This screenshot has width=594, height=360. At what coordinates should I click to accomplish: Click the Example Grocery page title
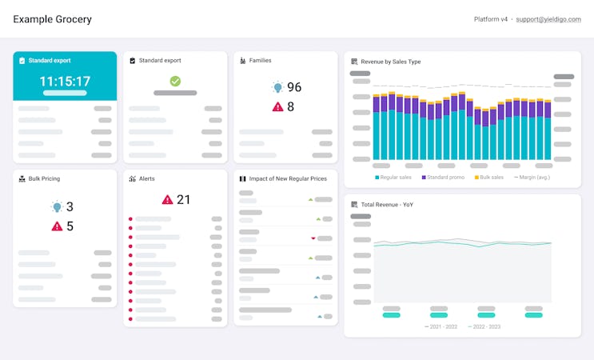click(x=52, y=19)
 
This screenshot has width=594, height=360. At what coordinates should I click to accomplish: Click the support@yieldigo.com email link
click(x=548, y=19)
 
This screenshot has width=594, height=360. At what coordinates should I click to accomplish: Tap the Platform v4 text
click(x=491, y=19)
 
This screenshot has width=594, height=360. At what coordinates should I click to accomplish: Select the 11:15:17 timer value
click(x=65, y=81)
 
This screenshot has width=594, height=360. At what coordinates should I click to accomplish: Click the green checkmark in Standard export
click(x=175, y=81)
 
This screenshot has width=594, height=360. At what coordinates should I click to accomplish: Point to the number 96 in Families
click(x=294, y=87)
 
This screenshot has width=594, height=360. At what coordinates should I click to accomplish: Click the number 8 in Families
click(x=291, y=106)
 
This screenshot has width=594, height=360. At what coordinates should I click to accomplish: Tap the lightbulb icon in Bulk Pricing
click(x=57, y=207)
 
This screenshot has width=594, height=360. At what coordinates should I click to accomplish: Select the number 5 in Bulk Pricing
click(x=70, y=226)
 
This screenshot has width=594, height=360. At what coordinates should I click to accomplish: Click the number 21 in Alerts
click(x=183, y=199)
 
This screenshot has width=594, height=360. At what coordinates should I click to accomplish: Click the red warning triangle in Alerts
click(x=168, y=199)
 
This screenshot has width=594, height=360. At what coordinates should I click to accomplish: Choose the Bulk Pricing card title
click(x=44, y=178)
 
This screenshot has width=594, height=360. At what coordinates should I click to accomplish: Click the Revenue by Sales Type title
click(x=390, y=62)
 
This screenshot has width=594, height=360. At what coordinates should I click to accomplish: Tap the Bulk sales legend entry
click(x=492, y=177)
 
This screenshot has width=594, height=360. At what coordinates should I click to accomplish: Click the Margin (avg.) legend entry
click(x=534, y=177)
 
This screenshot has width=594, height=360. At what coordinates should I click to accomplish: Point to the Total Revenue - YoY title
click(x=386, y=205)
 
